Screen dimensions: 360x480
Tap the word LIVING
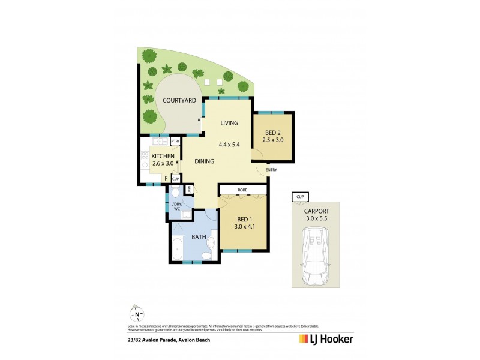click(x=229, y=123)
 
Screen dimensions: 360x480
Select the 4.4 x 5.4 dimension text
click(x=229, y=144)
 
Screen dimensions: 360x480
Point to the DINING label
click(x=205, y=161)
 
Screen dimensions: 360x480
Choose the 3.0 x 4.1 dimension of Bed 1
click(x=242, y=227)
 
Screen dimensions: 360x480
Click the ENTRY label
click(x=271, y=170)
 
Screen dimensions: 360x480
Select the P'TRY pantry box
click(x=175, y=142)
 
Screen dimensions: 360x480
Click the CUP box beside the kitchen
click(x=175, y=179)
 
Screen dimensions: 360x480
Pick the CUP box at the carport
click(x=298, y=196)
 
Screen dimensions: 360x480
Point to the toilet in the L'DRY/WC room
click(x=174, y=193)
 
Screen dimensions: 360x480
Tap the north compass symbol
click(x=137, y=313)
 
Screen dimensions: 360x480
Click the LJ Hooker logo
click(x=326, y=340)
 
